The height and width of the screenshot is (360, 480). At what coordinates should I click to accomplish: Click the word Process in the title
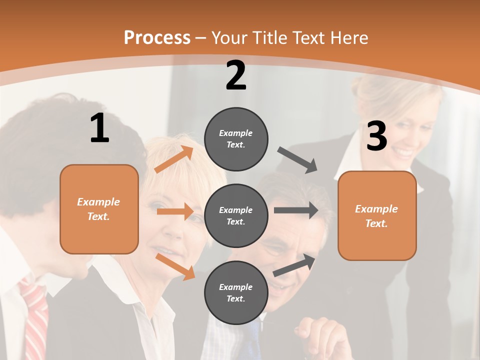point(157,37)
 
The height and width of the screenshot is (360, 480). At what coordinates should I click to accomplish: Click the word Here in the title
point(348,37)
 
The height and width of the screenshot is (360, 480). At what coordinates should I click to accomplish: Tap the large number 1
point(99,128)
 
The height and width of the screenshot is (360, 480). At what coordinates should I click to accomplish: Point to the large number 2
point(236,75)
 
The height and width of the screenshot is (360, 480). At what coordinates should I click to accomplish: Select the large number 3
point(377,136)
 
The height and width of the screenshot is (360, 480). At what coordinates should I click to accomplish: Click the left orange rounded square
point(99,209)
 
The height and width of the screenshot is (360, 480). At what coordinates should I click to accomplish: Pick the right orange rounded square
point(377,215)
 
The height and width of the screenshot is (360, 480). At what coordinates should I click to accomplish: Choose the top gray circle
point(236,138)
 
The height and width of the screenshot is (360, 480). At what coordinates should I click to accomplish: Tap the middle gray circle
point(236,215)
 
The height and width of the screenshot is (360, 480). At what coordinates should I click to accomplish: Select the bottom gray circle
point(236,292)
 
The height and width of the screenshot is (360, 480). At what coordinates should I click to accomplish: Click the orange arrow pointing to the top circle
point(174,159)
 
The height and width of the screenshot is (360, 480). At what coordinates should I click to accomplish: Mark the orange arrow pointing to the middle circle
point(175,211)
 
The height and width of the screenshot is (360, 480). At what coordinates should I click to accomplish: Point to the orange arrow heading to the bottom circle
point(175,266)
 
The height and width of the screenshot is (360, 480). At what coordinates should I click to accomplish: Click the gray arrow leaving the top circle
point(297,159)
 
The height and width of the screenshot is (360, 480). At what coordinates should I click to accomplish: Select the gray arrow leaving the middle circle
point(295,210)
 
